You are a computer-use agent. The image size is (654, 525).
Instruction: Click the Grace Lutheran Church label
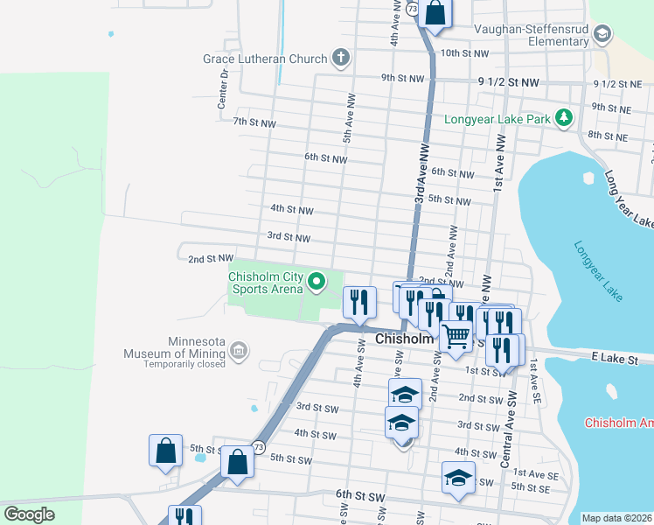[x=264, y=59]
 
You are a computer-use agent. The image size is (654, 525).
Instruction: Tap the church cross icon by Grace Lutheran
[x=341, y=59]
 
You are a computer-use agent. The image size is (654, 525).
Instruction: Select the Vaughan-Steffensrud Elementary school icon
[x=602, y=34]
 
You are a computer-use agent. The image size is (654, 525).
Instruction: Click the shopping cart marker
[x=456, y=335]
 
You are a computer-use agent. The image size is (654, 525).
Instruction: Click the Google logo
[x=29, y=514]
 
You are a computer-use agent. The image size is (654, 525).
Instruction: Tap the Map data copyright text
[x=616, y=518]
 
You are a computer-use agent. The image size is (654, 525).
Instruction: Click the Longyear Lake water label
[x=599, y=271]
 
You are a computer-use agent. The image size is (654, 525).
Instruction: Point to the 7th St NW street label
[x=254, y=123]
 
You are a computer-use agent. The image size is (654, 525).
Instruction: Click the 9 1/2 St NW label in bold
[x=509, y=81]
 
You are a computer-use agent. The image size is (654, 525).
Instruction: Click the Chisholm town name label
[x=404, y=339]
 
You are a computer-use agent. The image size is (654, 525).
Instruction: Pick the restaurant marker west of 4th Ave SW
[x=360, y=303]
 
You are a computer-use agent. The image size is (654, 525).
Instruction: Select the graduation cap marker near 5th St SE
[x=458, y=478]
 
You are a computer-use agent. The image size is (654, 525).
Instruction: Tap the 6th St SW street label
[x=361, y=495]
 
